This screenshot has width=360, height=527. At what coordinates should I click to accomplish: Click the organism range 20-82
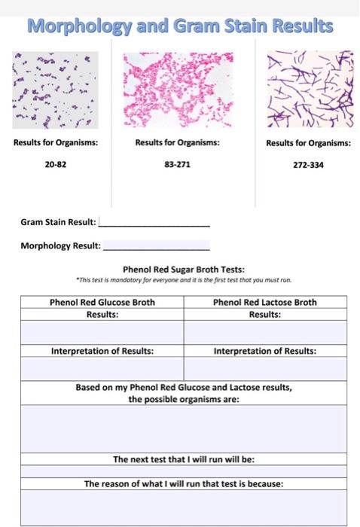(56, 163)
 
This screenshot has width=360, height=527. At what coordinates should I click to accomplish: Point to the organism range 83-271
(178, 163)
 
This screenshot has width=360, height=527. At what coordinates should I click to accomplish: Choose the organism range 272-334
(308, 164)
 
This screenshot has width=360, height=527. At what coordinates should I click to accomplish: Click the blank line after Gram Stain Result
(154, 223)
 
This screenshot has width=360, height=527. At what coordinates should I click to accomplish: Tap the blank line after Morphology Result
(156, 245)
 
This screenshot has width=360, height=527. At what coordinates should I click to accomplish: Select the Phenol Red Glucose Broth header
(102, 303)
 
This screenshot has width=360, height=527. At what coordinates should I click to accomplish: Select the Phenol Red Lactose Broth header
(265, 303)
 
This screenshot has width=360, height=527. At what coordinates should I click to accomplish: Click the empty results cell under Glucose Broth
(102, 332)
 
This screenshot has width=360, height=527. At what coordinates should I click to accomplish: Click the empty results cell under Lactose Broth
(265, 332)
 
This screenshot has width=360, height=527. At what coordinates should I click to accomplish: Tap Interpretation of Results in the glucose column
(102, 351)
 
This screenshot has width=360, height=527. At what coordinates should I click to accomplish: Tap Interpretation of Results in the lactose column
(265, 351)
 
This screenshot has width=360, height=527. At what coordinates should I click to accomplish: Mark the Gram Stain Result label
(58, 223)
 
